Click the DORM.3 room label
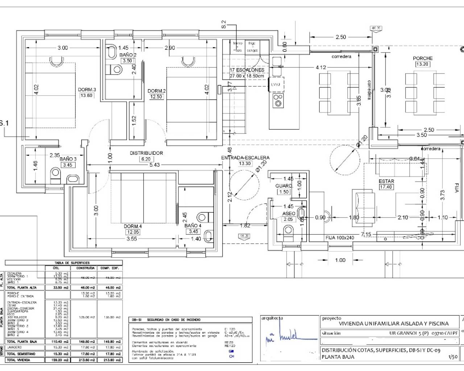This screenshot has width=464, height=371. click(87, 89)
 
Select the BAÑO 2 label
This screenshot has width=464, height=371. click(128, 55)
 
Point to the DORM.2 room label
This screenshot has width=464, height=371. click(157, 91)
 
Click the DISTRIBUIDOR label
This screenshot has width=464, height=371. click(146, 153)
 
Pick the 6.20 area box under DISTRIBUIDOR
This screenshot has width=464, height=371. click(146, 159)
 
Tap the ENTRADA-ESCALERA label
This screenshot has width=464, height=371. click(245, 158)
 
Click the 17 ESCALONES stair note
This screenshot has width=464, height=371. click(247, 70)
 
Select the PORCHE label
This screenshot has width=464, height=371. click(423, 58)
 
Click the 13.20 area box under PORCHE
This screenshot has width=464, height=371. click(423, 64)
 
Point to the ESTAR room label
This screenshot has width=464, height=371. click(386, 181)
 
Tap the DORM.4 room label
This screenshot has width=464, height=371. click(133, 226)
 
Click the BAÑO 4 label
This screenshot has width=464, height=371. click(193, 225)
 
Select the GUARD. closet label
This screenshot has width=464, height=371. click(284, 186)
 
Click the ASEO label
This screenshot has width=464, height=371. click(289, 214)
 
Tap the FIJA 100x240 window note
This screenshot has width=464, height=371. click(340, 238)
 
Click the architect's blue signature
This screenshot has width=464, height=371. click(287, 337)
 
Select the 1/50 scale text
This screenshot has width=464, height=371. click(453, 357)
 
